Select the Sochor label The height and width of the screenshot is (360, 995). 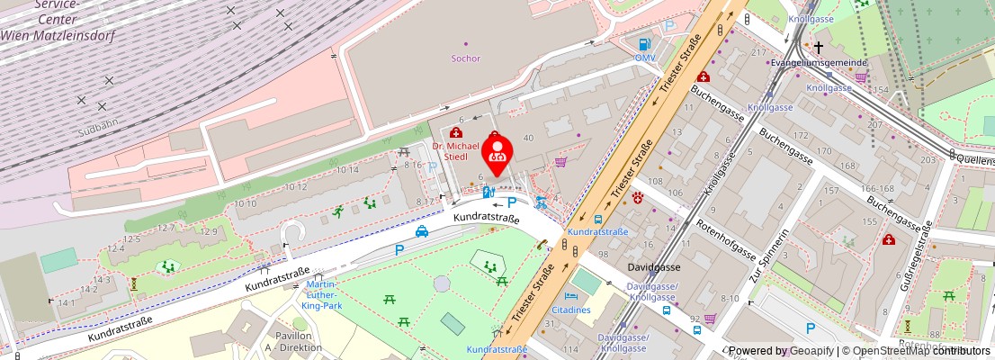tap(465, 58)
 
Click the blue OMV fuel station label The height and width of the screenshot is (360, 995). tap(645, 58)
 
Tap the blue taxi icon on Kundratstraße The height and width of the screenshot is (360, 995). tap(421, 231)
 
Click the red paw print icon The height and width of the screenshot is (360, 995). tap(638, 198)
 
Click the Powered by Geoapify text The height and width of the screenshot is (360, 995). tap(781, 351)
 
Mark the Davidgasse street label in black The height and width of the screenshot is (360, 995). tap(654, 267)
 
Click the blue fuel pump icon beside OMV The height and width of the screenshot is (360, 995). tap(644, 44)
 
